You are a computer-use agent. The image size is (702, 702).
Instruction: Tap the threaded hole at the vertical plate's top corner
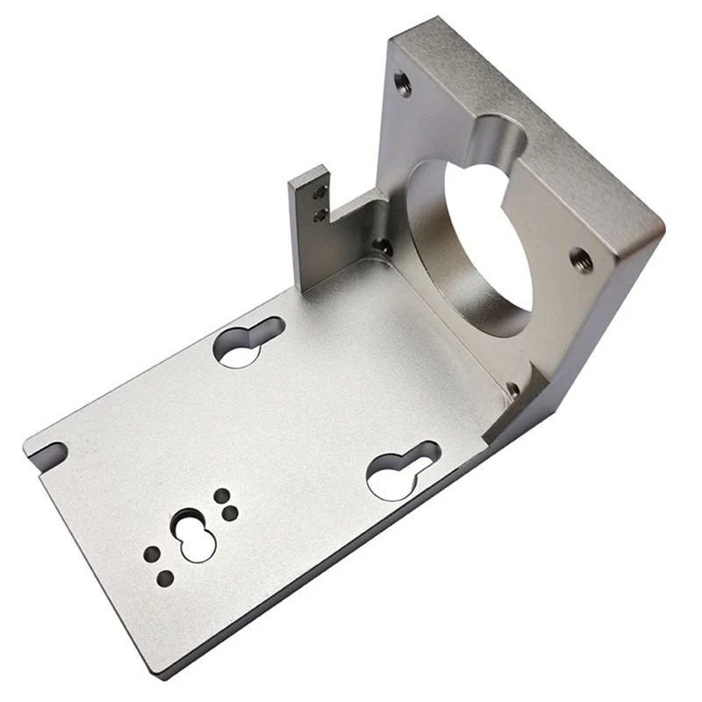pyautogui.click(x=403, y=83)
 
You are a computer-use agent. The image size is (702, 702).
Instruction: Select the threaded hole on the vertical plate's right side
pyautogui.click(x=581, y=260)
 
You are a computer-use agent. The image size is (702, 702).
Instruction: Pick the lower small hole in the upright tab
pyautogui.click(x=321, y=213)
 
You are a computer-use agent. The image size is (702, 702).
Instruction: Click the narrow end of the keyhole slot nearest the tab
pyautogui.click(x=268, y=330)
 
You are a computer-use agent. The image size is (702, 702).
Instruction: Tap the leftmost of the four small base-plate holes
pyautogui.click(x=152, y=555)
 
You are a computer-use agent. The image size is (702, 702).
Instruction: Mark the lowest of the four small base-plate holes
pyautogui.click(x=165, y=577)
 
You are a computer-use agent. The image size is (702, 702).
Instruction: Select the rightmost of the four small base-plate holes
pyautogui.click(x=231, y=512)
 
